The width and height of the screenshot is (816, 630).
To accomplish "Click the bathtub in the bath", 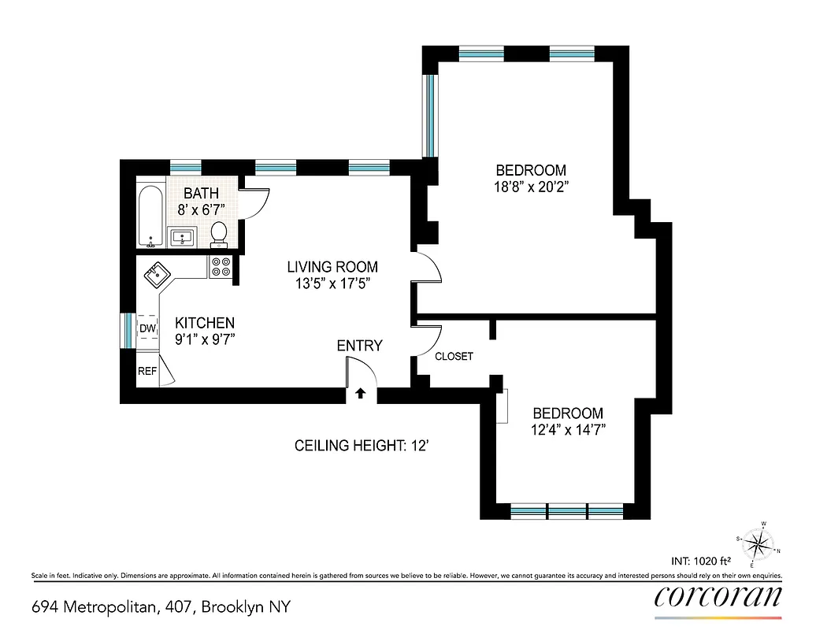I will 150,216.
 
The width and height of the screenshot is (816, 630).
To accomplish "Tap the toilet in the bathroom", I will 219,232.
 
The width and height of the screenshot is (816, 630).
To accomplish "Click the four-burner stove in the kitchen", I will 221,267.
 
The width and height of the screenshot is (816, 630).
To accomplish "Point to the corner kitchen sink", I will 156,275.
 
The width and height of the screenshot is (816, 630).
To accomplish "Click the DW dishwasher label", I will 147,328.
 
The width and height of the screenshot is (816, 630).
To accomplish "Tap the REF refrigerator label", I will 147,371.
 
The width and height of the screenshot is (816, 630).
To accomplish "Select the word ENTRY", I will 359,346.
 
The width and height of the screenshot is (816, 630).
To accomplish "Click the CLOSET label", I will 454,356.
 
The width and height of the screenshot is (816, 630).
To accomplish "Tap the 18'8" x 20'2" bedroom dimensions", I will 530,188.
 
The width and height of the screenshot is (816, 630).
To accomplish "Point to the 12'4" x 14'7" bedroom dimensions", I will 568,430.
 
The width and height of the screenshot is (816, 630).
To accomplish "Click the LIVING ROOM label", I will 332,267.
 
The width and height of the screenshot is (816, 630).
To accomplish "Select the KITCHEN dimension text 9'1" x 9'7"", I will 205,339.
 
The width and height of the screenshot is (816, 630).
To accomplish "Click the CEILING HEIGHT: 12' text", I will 361,446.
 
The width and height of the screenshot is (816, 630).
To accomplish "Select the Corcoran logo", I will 718,596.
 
